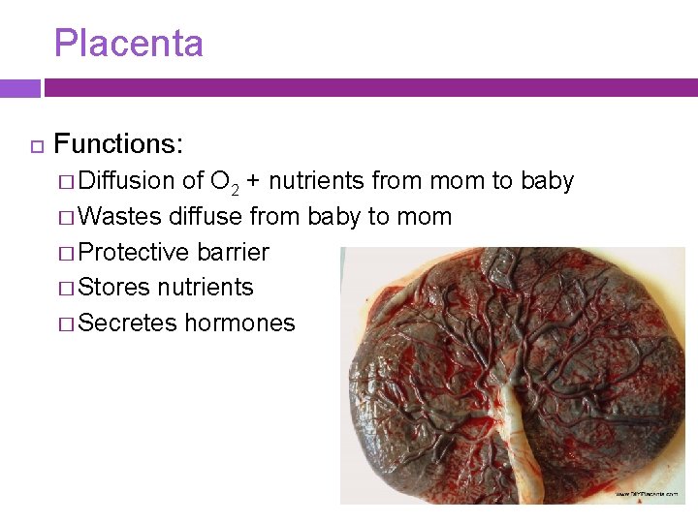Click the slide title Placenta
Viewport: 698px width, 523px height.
click(128, 44)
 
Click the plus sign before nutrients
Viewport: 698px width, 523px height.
click(252, 181)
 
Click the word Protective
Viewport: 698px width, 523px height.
click(133, 252)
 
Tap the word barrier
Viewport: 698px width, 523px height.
click(233, 252)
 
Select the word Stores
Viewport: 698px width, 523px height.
click(113, 288)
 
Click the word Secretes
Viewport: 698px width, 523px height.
click(128, 323)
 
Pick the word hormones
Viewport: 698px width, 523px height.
click(239, 323)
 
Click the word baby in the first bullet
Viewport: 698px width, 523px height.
click(547, 181)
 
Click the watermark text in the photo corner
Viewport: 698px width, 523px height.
click(653, 494)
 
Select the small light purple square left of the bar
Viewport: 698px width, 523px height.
click(19, 88)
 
